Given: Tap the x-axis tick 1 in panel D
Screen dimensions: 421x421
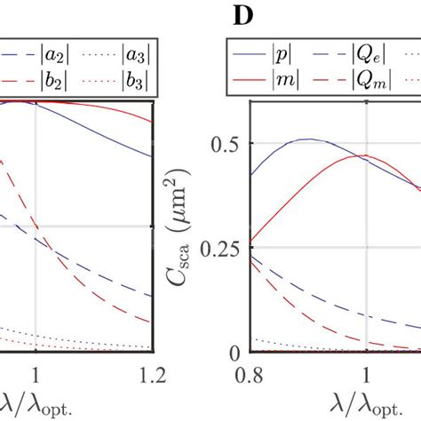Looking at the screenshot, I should click(x=366, y=374).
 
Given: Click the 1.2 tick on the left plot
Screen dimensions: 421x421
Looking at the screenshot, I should click(x=153, y=374).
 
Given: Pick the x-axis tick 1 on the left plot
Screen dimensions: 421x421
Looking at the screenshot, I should click(x=35, y=374).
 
